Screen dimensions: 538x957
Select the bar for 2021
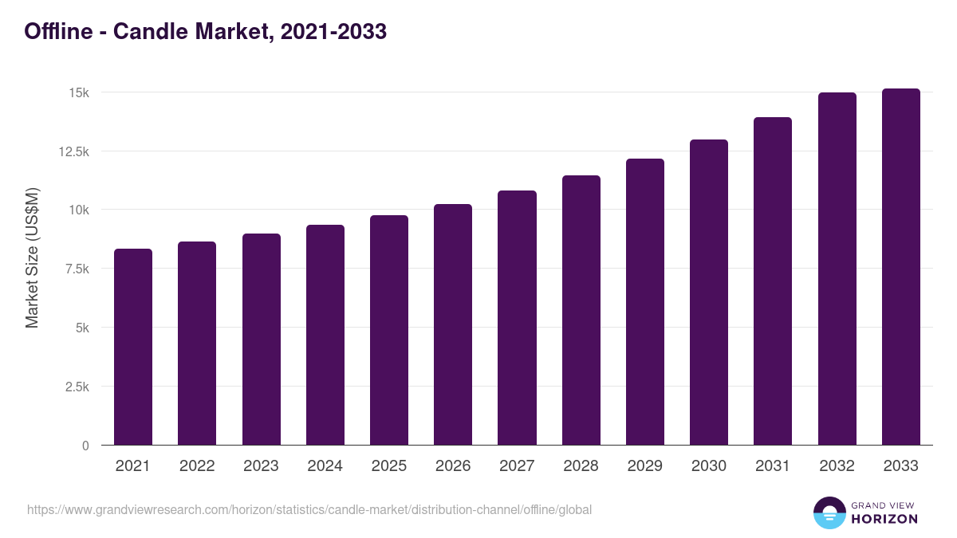click(x=133, y=347)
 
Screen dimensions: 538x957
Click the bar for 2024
click(x=325, y=335)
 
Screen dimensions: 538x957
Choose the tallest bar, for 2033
click(x=900, y=267)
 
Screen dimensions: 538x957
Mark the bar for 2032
click(x=837, y=269)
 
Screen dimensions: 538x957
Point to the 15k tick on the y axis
click(x=78, y=92)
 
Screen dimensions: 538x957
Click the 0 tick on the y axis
click(x=85, y=446)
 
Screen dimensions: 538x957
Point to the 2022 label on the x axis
click(x=197, y=466)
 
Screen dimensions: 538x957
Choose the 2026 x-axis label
click(x=453, y=466)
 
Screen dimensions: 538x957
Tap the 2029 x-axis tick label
click(x=644, y=466)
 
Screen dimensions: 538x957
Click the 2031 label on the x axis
click(x=773, y=466)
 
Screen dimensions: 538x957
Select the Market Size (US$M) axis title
click(x=32, y=257)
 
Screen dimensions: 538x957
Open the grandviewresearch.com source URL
click(x=309, y=509)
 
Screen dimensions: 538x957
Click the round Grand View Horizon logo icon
click(x=829, y=513)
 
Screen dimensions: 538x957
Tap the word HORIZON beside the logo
click(x=884, y=519)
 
